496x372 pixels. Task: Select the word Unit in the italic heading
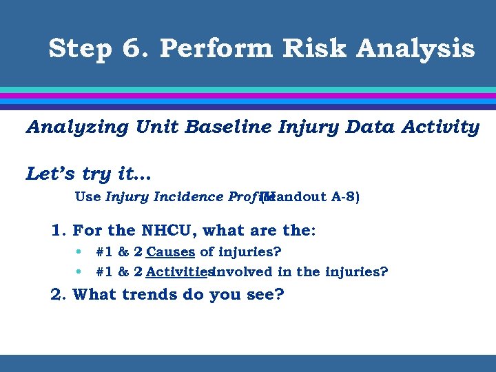155,127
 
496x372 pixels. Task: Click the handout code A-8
345,197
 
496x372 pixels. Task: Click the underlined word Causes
171,252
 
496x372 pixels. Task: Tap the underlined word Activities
178,272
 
